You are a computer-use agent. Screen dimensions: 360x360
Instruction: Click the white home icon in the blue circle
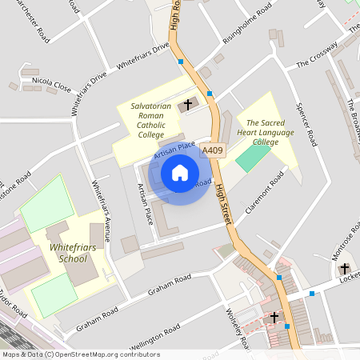[180, 172]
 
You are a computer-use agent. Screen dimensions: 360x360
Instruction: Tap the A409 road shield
[212, 150]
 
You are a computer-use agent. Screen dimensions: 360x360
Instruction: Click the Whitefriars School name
[68, 253]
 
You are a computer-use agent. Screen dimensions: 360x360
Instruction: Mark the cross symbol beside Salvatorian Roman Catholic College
[189, 104]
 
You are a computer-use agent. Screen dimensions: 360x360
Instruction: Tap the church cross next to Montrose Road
[345, 269]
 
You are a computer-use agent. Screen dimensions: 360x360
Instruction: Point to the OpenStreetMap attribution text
[80, 354]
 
